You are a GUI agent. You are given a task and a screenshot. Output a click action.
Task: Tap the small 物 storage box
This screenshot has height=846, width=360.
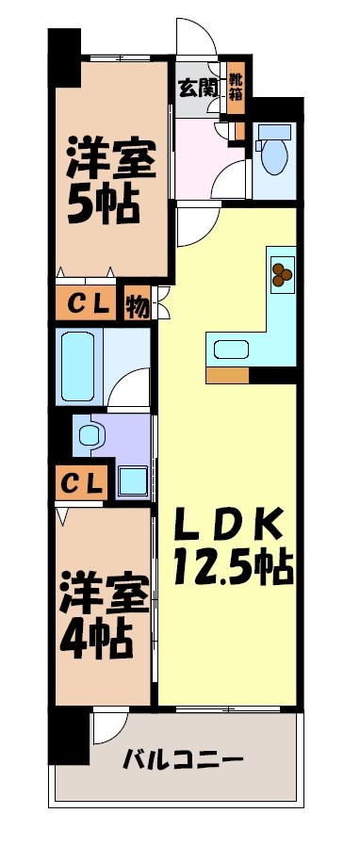[138, 305]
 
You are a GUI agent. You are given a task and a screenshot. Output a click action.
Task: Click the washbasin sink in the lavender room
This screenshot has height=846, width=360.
[90, 434]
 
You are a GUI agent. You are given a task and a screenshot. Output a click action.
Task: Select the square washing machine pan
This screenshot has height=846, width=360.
[132, 480]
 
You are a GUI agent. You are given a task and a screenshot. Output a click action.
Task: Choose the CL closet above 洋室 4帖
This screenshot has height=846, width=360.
[83, 482]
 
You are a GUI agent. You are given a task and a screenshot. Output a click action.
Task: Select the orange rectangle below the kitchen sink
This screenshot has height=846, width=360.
[227, 376]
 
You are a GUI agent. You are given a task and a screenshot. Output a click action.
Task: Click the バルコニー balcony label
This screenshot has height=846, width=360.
[184, 759]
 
